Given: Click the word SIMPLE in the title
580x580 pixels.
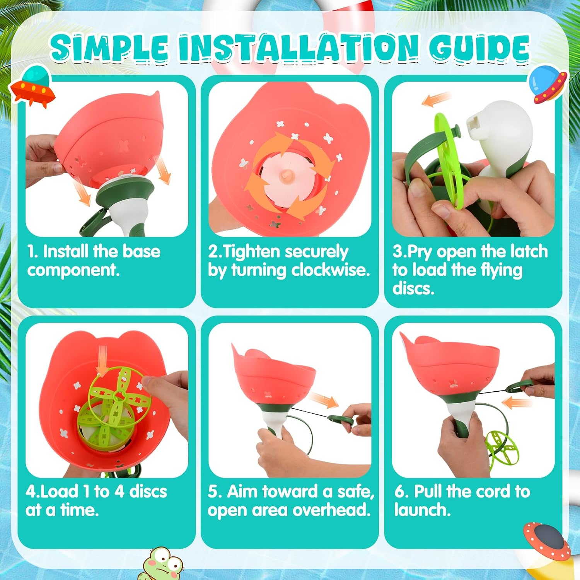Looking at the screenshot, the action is click(x=109, y=48).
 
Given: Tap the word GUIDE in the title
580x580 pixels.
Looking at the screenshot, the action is click(x=479, y=48).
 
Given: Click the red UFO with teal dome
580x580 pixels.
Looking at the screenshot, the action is click(x=33, y=87).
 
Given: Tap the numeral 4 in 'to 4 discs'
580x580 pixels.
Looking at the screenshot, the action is click(x=119, y=491).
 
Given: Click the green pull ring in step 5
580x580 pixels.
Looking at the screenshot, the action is click(x=341, y=420).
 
